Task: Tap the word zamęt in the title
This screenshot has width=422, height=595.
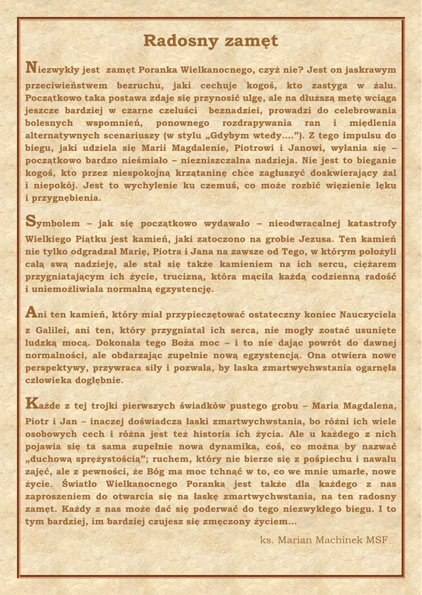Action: [251, 42]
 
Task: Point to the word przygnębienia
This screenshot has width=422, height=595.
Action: [62, 197]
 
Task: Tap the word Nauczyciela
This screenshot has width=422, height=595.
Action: [363, 314]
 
